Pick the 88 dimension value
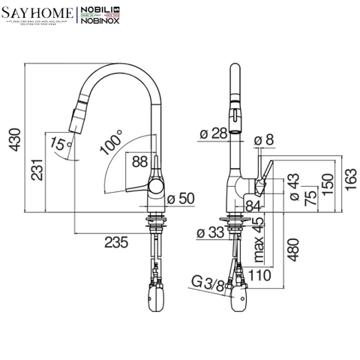click(x=140, y=160)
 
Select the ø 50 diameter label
click(x=181, y=199)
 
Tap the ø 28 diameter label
click(x=214, y=134)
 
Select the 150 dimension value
click(x=327, y=183)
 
